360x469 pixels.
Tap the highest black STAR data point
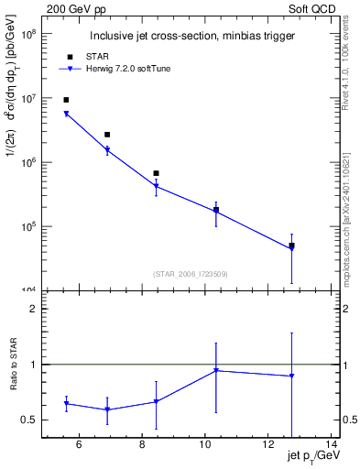point(66,100)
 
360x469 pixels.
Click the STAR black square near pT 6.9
point(107,135)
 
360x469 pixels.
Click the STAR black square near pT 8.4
point(156,173)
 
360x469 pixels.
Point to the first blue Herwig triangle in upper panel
point(66,115)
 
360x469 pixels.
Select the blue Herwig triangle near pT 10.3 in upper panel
point(216,212)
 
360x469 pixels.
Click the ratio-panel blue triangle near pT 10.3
point(216,370)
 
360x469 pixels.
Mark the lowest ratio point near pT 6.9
point(107,409)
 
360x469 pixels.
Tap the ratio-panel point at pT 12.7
point(291,376)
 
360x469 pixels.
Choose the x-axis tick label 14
point(331,446)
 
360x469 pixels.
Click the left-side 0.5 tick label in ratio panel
point(29,420)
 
